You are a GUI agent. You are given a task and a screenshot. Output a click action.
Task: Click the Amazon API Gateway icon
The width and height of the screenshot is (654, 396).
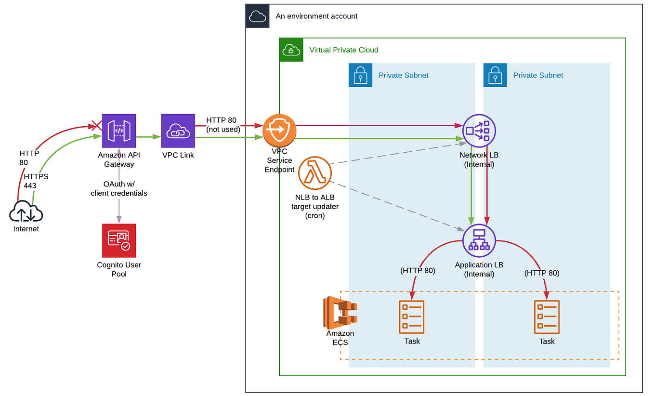tap(119, 131)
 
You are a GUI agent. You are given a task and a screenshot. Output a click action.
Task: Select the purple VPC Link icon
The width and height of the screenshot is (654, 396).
tap(178, 131)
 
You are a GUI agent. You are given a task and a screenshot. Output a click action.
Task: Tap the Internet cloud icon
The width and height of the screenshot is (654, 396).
tap(26, 211)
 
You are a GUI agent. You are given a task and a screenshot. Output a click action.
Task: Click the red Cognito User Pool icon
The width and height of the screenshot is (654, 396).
tap(119, 240)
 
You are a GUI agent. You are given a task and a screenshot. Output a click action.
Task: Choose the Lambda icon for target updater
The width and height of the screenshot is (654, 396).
tap(315, 173)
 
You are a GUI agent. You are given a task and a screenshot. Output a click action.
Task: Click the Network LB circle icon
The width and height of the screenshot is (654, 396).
tap(479, 131)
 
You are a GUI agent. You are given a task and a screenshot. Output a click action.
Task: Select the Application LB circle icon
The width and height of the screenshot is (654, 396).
tap(479, 240)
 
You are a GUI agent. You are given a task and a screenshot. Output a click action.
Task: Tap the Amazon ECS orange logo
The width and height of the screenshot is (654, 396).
tap(340, 312)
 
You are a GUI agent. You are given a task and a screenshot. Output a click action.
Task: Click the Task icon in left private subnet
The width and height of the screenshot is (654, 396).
tap(412, 317)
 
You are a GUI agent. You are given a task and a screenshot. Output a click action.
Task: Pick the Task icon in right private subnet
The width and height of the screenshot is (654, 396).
tap(547, 317)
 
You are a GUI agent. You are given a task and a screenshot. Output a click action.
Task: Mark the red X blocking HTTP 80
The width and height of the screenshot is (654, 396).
tap(97, 126)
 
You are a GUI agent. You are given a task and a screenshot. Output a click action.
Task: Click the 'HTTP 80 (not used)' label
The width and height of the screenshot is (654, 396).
tap(223, 124)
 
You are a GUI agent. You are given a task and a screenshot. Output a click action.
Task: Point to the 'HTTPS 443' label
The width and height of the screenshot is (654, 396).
tap(36, 181)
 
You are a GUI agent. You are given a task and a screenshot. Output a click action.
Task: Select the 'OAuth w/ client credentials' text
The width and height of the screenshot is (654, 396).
tap(119, 188)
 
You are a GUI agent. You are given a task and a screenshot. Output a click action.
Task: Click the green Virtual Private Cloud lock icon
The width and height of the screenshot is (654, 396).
tap(291, 50)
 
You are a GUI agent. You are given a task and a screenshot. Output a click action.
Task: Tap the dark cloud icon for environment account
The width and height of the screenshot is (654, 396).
tap(258, 16)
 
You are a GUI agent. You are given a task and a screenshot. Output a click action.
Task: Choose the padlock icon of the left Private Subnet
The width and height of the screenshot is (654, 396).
tap(361, 75)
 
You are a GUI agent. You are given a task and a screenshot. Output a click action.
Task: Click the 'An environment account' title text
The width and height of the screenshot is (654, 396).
tap(316, 16)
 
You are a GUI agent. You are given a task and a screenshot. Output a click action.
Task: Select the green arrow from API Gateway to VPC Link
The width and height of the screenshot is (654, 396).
tap(148, 137)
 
